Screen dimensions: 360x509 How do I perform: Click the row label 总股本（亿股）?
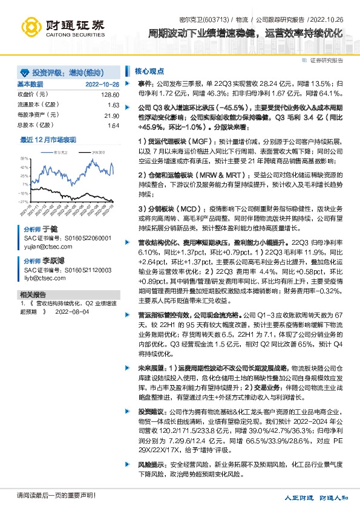tap(38, 125)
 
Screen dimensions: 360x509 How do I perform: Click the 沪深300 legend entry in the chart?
tap(95, 154)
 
